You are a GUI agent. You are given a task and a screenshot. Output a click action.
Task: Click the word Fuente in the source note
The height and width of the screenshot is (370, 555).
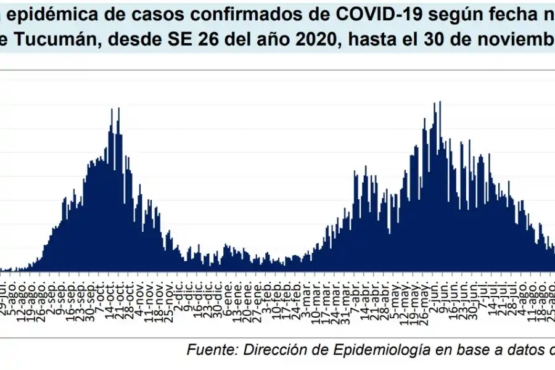[x=210, y=350]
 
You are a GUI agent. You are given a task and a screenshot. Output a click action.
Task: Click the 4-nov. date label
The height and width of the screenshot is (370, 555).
[x=140, y=297]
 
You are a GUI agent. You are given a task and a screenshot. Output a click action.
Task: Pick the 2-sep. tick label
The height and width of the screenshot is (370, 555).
[x=55, y=297]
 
